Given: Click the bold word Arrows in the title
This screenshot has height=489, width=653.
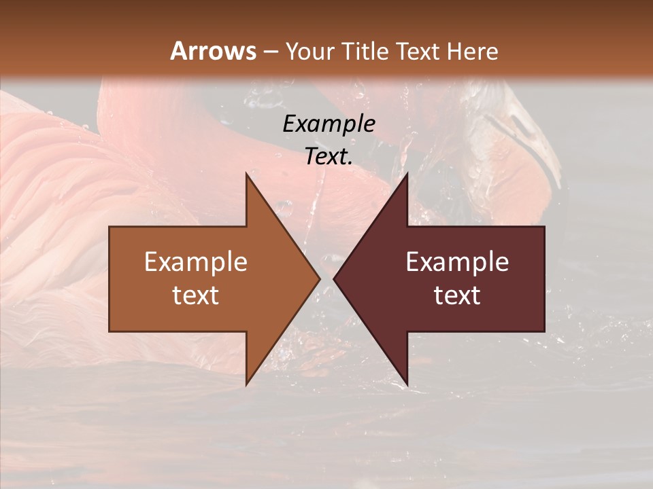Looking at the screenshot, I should click(212, 51).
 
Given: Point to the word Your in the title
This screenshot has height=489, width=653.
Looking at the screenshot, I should click(310, 51).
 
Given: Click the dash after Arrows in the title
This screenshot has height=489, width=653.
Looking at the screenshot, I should click(270, 52).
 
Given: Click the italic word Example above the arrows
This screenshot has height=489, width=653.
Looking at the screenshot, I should click(329, 124).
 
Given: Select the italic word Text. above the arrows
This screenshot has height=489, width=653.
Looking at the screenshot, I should click(329, 156).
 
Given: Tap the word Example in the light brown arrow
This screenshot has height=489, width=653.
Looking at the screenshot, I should click(196, 262).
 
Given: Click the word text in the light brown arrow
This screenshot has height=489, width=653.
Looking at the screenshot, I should click(196, 295).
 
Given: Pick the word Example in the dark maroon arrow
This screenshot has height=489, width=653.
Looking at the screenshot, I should click(457, 262).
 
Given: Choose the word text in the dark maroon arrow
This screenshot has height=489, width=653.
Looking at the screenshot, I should click(457, 295).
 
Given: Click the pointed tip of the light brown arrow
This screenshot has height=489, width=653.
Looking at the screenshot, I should click(319, 278).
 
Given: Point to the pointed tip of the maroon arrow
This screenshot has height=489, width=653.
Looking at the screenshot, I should click(334, 278).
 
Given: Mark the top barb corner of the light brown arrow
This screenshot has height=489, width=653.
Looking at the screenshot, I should click(246, 173).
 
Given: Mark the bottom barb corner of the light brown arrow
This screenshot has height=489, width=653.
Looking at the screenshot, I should click(246, 384).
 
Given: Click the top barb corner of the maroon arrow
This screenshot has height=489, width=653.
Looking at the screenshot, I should click(407, 173).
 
